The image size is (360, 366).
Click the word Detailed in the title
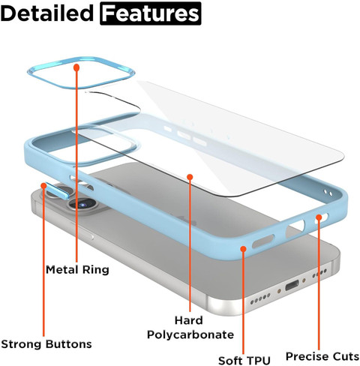(x=47, y=13)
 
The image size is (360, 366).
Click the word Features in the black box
(x=151, y=13)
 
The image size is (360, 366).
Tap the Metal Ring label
(x=77, y=270)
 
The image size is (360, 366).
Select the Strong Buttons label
(x=46, y=344)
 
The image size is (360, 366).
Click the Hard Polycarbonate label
(x=190, y=328)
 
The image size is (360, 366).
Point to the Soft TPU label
(x=244, y=361)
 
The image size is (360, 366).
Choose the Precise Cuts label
(x=322, y=356)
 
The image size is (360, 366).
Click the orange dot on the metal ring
(x=76, y=67)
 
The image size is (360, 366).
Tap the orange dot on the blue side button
(x=43, y=185)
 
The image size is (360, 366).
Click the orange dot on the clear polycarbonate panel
(x=190, y=177)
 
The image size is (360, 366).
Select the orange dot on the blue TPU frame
(x=243, y=249)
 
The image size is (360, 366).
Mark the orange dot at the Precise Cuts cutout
(x=319, y=217)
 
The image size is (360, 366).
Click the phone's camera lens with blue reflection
(x=82, y=204)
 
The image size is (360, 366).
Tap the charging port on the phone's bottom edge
(x=292, y=285)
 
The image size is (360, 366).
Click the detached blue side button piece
(x=57, y=191)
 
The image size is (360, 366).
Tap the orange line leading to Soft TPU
(x=244, y=301)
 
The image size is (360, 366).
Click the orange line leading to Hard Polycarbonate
(x=190, y=244)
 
